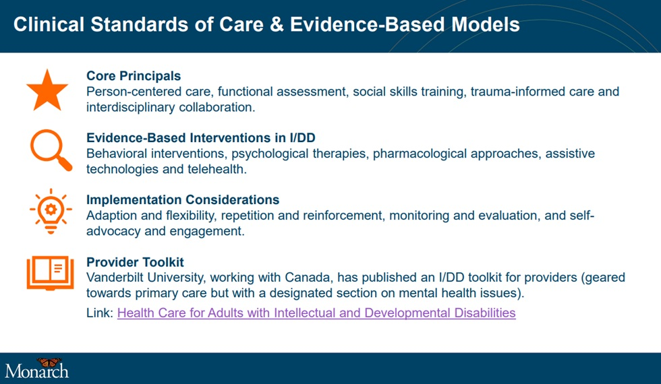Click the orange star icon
click(x=47, y=90)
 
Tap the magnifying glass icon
click(x=51, y=150)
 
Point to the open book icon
click(x=50, y=273)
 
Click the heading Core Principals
click(x=134, y=75)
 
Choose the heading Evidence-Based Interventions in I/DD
click(x=201, y=137)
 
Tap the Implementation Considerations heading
click(x=183, y=199)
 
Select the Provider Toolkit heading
click(x=136, y=262)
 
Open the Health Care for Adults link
click(x=316, y=313)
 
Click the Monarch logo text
click(x=36, y=371)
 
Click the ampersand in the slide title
click(x=277, y=24)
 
